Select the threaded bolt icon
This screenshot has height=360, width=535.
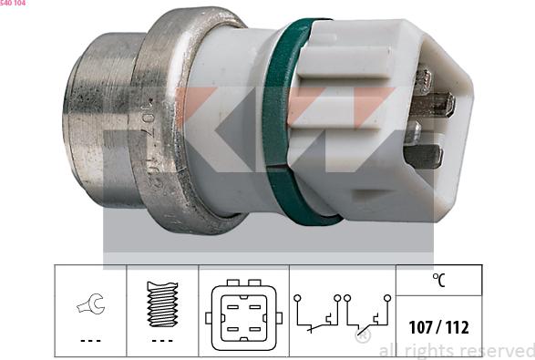tap(161, 301)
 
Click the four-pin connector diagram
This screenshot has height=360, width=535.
tap(243, 313)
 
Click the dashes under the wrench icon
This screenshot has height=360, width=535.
tap(90, 341)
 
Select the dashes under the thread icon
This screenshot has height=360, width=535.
tap(161, 341)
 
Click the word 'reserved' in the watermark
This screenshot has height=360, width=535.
tap(496, 351)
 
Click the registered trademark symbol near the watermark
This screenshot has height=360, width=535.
tap(361, 336)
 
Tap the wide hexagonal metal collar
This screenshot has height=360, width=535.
tap(182, 118)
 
